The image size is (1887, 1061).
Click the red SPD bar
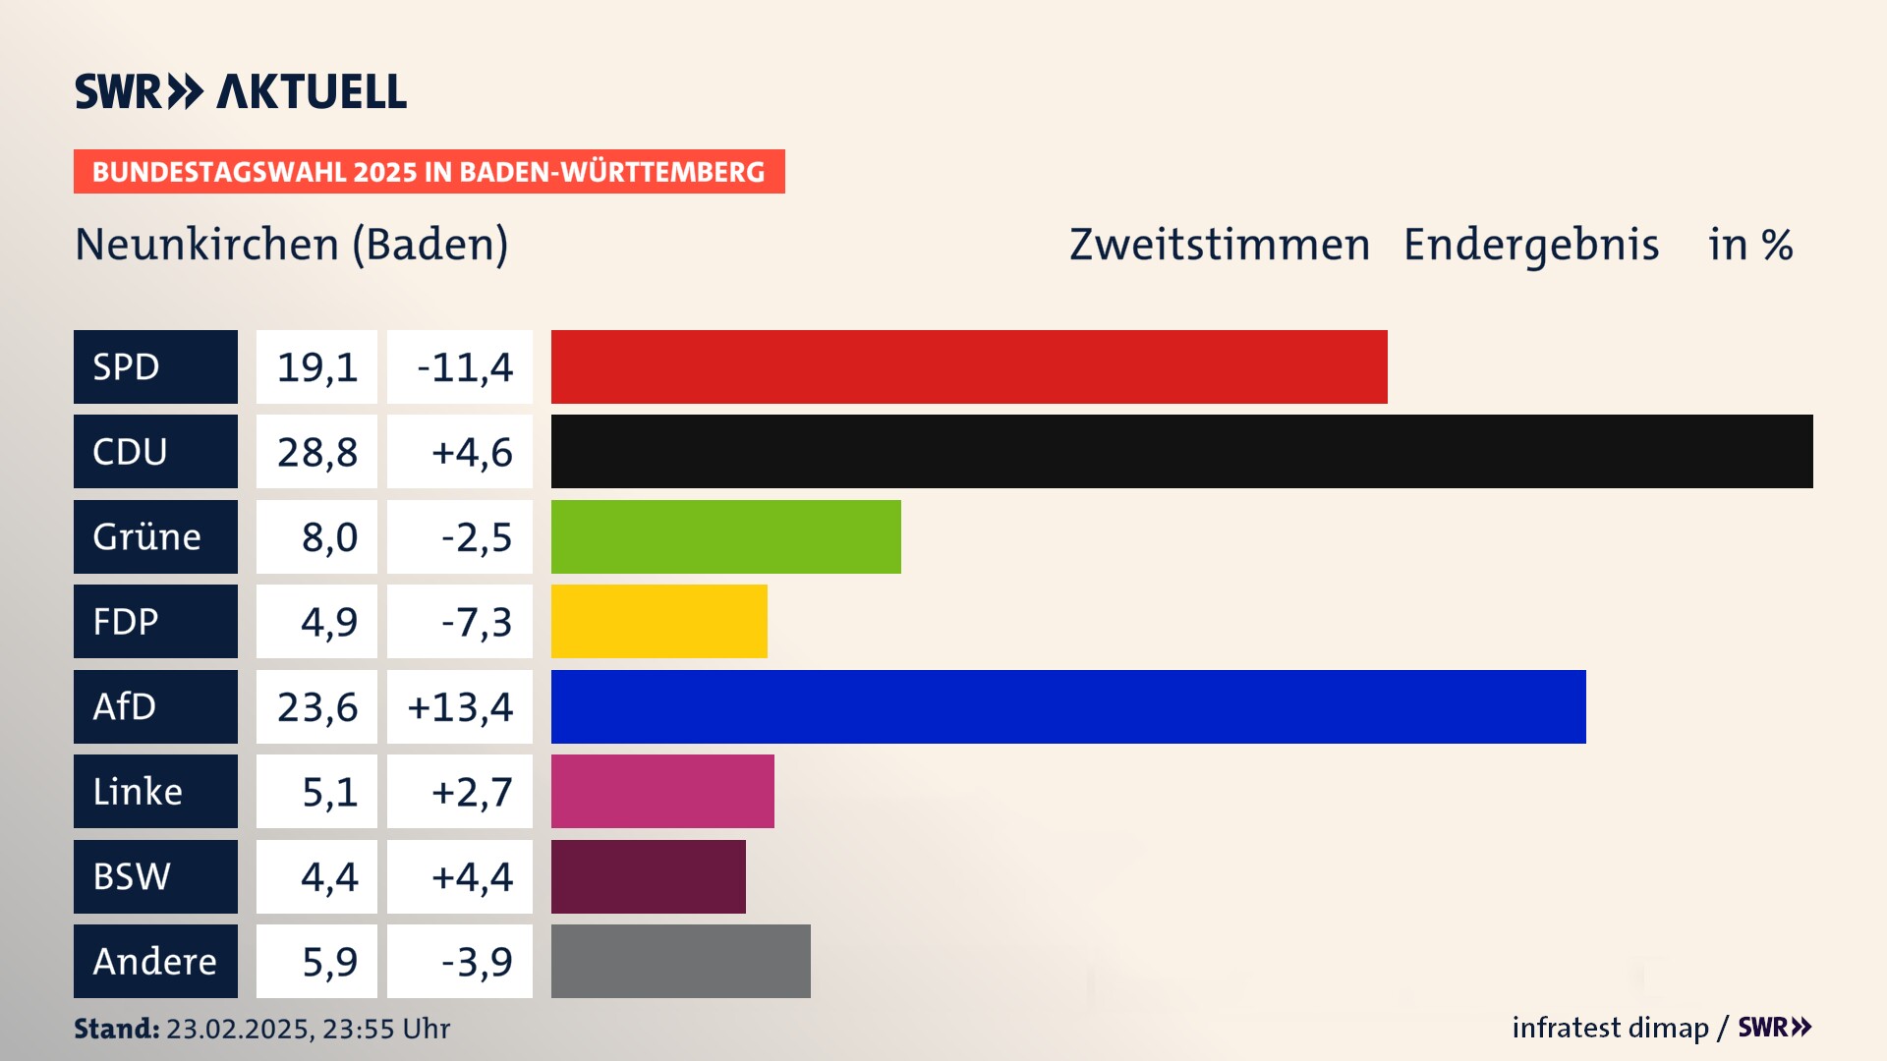tap(968, 366)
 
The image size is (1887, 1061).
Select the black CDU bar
tap(1181, 452)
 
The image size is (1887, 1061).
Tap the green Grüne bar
tap(725, 536)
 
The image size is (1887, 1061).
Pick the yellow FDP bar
tap(658, 621)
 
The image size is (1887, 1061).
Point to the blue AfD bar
tap(1068, 706)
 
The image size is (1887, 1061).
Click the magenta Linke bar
tap(662, 791)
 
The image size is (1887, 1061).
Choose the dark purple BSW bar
tap(648, 876)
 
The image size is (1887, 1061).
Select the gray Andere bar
tap(680, 961)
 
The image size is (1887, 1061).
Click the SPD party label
tap(155, 366)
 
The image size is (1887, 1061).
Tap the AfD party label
tap(155, 706)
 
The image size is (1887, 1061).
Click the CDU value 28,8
tap(316, 452)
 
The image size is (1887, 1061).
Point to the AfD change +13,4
tap(460, 707)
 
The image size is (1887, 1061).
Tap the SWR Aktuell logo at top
tap(241, 91)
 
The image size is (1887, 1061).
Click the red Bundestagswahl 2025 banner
tap(429, 172)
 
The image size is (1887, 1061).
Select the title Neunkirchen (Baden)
tap(292, 245)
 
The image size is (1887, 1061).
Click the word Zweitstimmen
tap(1219, 245)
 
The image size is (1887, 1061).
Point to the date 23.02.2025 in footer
tap(239, 1029)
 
